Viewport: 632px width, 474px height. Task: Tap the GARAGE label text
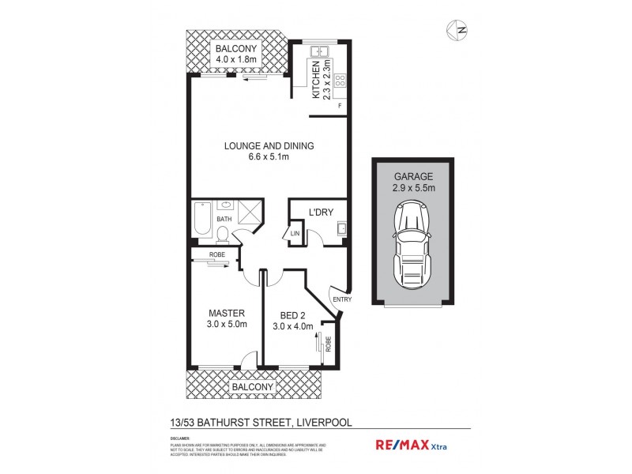(413, 175)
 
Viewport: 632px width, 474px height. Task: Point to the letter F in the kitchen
(340, 105)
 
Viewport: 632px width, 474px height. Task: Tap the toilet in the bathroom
(224, 233)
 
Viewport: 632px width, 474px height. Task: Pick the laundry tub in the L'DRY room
(342, 231)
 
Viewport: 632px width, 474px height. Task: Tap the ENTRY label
(343, 299)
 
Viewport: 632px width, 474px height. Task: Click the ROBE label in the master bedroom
(216, 255)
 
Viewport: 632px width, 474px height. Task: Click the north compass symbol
(456, 29)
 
